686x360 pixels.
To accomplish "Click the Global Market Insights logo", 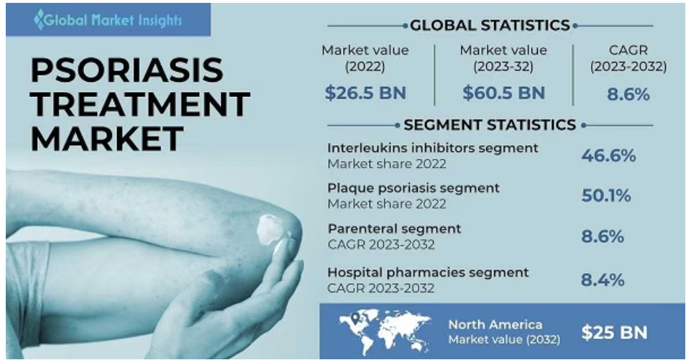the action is point(108,19).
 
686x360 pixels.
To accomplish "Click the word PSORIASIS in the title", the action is point(127,70).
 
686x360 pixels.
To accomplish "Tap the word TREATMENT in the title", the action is point(140,104).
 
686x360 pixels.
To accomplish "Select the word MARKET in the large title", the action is point(106,138).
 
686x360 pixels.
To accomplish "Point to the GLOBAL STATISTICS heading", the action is point(490,25).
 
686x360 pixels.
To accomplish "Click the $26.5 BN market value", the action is point(365,93).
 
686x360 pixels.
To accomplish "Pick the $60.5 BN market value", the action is point(503,93).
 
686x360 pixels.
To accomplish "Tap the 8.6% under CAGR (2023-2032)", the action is point(628,94).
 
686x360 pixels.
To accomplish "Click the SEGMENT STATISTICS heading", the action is point(490,125).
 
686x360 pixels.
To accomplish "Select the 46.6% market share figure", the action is point(608,156).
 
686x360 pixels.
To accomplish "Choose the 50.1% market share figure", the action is point(606,195).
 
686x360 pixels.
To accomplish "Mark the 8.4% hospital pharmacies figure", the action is point(603,280).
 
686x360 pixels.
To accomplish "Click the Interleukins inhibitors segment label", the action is point(433,148).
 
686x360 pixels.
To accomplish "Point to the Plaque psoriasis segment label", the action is point(413,188).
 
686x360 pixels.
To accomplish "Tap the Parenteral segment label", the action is point(394,229).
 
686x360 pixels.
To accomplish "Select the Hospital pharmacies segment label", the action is point(428,272).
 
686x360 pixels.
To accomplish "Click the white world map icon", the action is point(384,331).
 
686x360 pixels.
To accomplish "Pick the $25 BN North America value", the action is point(614,333).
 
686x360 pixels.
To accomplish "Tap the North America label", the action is point(495,325).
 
